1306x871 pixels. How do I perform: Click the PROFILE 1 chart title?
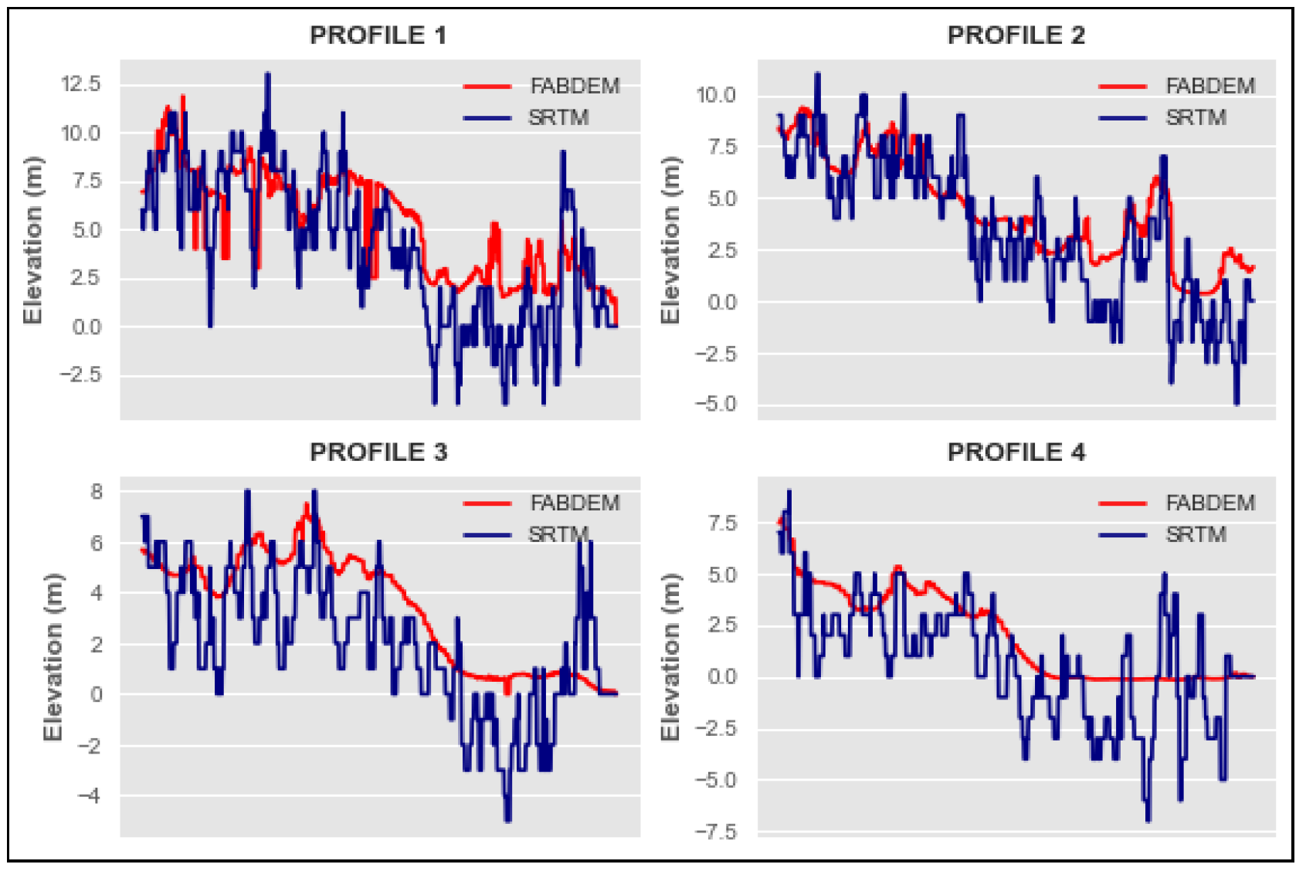(x=378, y=35)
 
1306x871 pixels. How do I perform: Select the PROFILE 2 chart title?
(x=1016, y=35)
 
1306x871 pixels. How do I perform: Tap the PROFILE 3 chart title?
(x=378, y=452)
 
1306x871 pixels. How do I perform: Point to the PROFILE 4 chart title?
(x=1016, y=452)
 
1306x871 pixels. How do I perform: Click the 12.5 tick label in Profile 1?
(x=81, y=83)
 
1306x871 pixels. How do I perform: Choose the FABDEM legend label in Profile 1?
(x=575, y=86)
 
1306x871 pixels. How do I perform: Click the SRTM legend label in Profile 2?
(x=1196, y=117)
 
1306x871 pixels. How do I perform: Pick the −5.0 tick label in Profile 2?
(x=715, y=404)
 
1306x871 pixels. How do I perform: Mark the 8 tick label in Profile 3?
(x=97, y=492)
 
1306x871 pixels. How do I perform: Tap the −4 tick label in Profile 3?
(x=90, y=795)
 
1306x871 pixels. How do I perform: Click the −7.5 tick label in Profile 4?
(x=715, y=832)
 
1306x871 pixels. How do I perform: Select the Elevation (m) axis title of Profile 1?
(x=32, y=240)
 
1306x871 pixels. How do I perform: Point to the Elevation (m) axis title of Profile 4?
(x=670, y=657)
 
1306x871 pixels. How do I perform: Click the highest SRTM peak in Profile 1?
(x=267, y=75)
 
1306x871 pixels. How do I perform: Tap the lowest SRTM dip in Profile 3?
(x=507, y=819)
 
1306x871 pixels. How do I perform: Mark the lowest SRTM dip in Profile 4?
(x=1148, y=819)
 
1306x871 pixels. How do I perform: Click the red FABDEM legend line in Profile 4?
(x=1122, y=503)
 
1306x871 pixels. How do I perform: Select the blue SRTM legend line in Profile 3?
(x=487, y=534)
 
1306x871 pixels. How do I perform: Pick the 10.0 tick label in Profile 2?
(x=715, y=95)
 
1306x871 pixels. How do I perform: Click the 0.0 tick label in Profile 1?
(x=87, y=327)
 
